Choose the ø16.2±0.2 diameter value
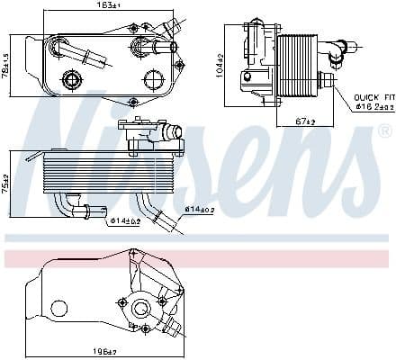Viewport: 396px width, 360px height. click(373, 106)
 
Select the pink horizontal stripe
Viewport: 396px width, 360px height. click(198, 258)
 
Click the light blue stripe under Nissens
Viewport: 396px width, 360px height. click(198, 238)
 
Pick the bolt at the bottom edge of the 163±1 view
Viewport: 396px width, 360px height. click(133, 102)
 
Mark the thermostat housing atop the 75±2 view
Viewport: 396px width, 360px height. click(148, 135)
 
